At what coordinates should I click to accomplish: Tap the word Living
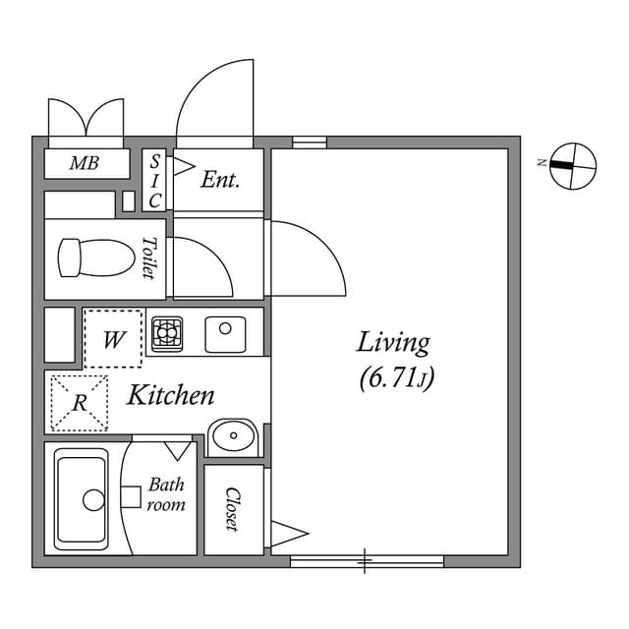click(393, 343)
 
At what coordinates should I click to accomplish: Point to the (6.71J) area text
click(396, 376)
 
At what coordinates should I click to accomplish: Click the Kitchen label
click(171, 396)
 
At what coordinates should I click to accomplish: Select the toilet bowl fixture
click(95, 258)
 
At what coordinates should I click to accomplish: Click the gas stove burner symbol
click(167, 333)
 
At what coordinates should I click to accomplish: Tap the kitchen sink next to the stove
click(225, 334)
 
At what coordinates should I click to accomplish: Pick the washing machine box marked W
click(114, 339)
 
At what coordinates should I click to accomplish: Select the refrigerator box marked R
click(80, 403)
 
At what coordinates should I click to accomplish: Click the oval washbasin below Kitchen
click(234, 435)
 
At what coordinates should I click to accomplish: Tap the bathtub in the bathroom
click(82, 499)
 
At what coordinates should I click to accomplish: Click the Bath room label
click(166, 494)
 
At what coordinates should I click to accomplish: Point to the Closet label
click(234, 509)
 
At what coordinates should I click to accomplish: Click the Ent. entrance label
click(220, 180)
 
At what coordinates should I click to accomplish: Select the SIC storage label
click(155, 181)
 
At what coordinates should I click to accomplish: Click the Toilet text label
click(149, 258)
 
